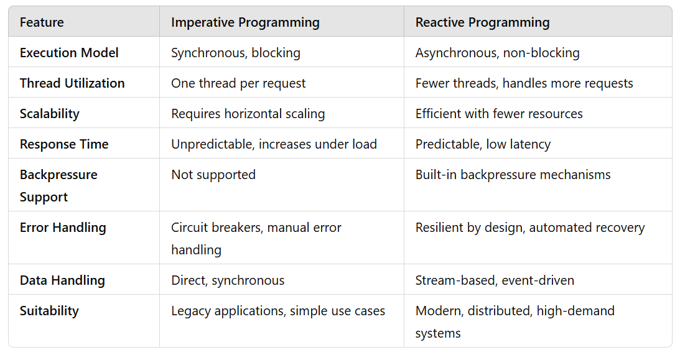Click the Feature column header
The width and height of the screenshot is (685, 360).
pos(42,23)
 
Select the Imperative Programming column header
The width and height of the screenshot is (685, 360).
pos(245,23)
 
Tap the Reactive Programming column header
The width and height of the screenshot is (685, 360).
pos(482,23)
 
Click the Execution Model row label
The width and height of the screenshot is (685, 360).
pos(69,53)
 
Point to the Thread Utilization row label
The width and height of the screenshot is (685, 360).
pos(72,83)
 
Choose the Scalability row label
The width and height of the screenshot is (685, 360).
pos(50,114)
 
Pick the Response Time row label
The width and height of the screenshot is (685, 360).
pos(64,144)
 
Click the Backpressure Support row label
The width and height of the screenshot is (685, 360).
pos(58,185)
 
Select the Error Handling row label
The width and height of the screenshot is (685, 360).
pos(63,228)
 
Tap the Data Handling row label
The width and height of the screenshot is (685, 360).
pos(62,280)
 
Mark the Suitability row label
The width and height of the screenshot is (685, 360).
pos(49,311)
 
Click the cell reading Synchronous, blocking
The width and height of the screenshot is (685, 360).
pos(236,53)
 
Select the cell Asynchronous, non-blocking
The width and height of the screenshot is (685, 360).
pos(497,53)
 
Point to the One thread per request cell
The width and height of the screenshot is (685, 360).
pos(238,83)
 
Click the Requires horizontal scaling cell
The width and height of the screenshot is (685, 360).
pos(248,114)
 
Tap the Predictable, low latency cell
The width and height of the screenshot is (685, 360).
pos(483,144)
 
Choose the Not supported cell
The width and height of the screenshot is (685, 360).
pos(213,175)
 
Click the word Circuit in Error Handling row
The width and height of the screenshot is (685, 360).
pos(191,228)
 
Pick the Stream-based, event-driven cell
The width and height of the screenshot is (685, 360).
pos(495,280)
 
